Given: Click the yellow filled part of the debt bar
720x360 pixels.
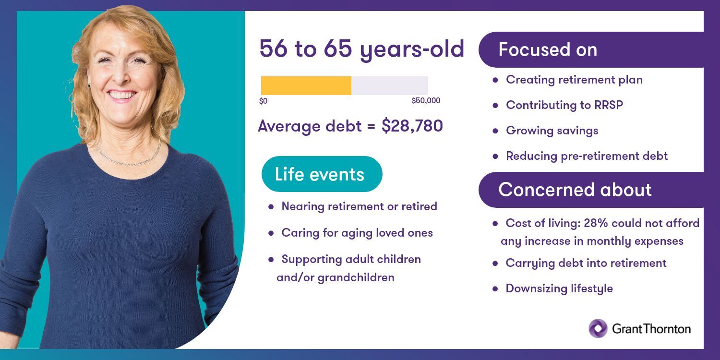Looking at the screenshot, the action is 306,85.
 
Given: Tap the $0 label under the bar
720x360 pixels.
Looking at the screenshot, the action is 263,101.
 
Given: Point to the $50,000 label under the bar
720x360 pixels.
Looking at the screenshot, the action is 426,101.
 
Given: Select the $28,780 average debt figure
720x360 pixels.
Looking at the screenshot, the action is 412,126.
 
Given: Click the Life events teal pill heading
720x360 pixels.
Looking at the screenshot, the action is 322,174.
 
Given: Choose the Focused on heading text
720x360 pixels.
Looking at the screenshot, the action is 548,50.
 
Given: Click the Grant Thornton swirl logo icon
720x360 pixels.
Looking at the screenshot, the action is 598,328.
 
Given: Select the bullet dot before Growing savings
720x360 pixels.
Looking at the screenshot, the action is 495,131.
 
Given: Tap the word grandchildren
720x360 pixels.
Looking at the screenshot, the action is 356,277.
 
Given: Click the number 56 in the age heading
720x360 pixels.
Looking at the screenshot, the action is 273,49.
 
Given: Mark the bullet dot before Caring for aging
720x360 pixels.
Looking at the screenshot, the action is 271,233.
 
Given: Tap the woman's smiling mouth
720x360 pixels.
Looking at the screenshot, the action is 122,96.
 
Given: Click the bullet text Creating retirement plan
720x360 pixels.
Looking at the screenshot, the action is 574,80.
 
